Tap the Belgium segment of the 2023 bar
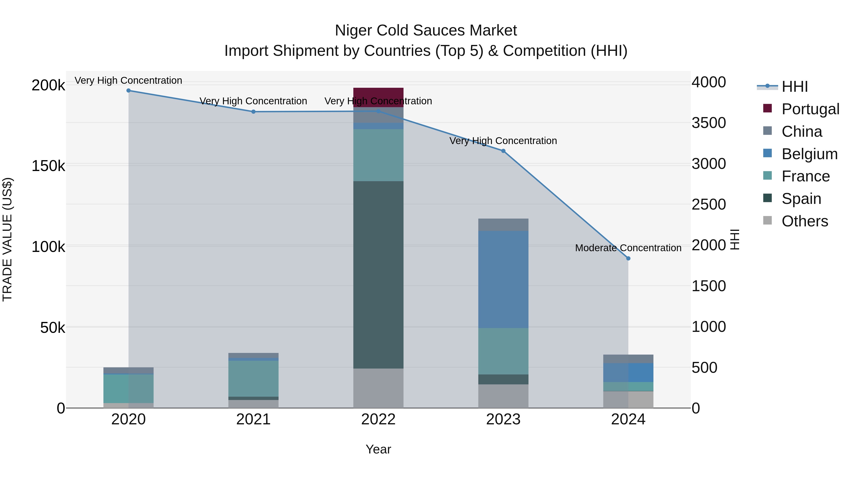[x=503, y=279]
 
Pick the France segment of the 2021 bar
[x=253, y=378]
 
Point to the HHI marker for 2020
[x=129, y=91]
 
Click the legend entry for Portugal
[x=810, y=109]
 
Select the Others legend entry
[x=804, y=221]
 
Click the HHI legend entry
[x=794, y=87]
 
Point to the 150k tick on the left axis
[x=48, y=166]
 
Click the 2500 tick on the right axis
[x=708, y=205]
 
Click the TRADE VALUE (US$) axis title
[x=7, y=239]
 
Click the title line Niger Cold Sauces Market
[x=426, y=31]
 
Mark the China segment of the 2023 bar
[x=503, y=225]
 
